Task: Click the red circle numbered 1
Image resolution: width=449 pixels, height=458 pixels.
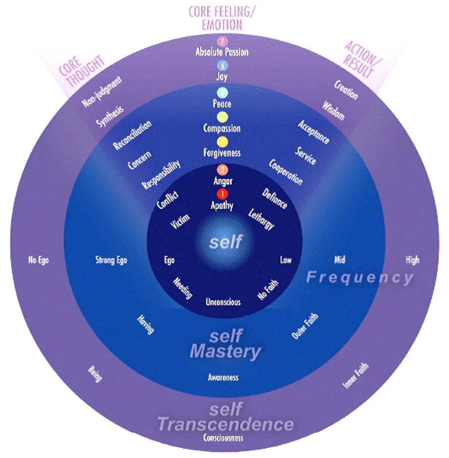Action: (222, 194)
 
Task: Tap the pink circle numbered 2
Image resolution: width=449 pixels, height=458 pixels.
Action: (222, 170)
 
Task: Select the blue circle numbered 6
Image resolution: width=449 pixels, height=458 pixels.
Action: (222, 66)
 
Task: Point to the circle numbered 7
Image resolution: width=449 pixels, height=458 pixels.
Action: (222, 41)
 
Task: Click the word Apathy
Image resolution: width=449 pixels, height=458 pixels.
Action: (222, 205)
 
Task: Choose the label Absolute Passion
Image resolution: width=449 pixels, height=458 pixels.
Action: (222, 51)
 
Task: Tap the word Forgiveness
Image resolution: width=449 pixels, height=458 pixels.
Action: (222, 153)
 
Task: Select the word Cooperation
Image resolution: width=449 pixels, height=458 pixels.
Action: (286, 172)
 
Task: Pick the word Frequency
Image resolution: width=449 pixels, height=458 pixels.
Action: (359, 278)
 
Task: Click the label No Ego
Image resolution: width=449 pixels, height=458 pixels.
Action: (38, 260)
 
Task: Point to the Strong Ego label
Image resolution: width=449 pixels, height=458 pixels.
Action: (111, 260)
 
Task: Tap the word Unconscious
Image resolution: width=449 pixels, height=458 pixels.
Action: (223, 302)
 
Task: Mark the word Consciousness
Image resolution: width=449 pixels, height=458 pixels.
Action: (224, 438)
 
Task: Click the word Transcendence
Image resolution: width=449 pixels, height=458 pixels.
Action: (225, 424)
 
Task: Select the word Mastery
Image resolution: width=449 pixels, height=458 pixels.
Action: (225, 351)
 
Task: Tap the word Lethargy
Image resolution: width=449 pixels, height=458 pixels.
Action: (261, 219)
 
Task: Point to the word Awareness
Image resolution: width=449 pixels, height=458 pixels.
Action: (224, 377)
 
